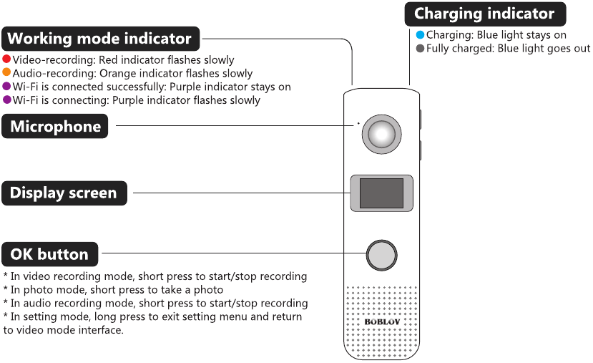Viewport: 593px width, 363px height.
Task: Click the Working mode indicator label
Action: [x=100, y=39]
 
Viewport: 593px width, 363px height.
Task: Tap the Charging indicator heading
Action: [x=484, y=14]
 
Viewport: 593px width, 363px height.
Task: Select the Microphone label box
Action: [x=55, y=127]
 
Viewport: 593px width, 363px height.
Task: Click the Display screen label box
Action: [x=64, y=193]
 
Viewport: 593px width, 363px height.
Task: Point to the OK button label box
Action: [x=49, y=254]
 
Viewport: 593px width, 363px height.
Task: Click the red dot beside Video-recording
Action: [x=6, y=59]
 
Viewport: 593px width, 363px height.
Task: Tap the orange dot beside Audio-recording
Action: [x=6, y=73]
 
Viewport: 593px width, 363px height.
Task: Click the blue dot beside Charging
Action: [x=420, y=34]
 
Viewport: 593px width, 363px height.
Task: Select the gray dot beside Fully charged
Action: [x=420, y=49]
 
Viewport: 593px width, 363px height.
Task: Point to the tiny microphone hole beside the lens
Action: [x=358, y=123]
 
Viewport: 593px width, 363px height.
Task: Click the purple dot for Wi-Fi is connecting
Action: [x=6, y=100]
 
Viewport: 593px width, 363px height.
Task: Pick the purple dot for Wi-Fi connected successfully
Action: [x=6, y=87]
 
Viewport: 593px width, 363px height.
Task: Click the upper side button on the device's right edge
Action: [x=419, y=119]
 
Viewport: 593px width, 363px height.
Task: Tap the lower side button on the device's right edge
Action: [x=419, y=150]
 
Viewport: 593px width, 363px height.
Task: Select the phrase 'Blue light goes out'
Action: [x=534, y=49]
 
